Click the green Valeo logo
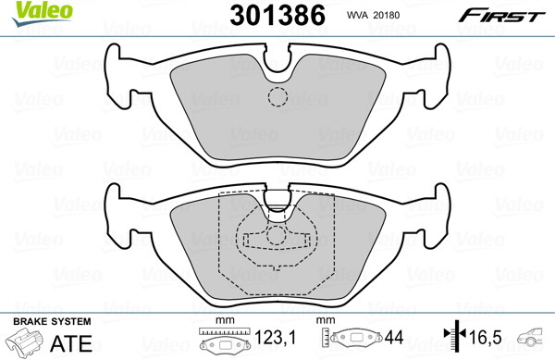[43, 13]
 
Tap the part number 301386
[277, 15]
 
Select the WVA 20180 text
[373, 15]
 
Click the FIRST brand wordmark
[502, 16]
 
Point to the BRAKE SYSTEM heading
[52, 321]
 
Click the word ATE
[71, 343]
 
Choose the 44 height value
[394, 338]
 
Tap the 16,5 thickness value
[486, 338]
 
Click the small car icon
[529, 337]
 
